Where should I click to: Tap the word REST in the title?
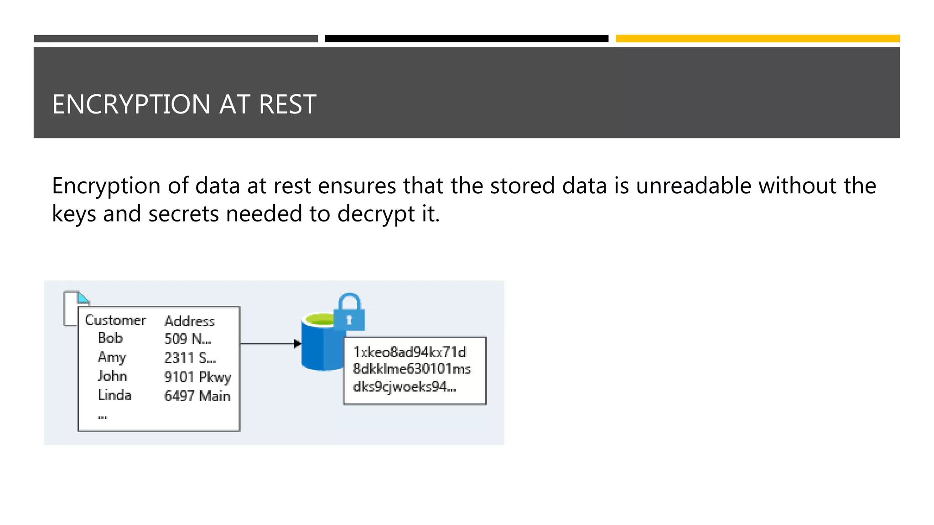[287, 104]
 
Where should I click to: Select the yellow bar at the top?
[758, 39]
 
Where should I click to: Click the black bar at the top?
[466, 39]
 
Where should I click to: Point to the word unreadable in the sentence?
[693, 186]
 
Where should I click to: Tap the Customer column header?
[115, 320]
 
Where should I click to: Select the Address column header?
[189, 321]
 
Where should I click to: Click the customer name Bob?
[110, 338]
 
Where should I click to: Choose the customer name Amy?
[112, 357]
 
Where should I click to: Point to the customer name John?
[112, 376]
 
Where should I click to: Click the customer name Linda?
[114, 395]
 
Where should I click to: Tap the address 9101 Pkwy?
[197, 377]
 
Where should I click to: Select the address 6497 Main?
[197, 396]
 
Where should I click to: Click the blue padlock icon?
[349, 314]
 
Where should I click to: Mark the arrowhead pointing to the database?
[297, 344]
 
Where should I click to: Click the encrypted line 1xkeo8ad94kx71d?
[410, 352]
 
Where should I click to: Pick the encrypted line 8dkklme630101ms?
[411, 369]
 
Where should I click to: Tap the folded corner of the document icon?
[83, 298]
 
